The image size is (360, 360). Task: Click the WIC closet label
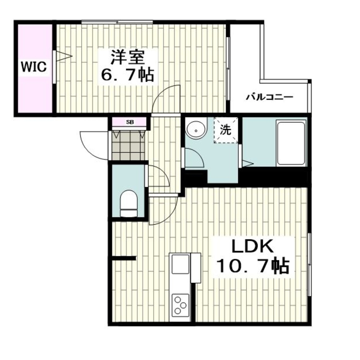[x=34, y=67]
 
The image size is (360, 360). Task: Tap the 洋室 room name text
[x=128, y=58]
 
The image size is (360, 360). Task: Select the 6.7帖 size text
[x=128, y=75]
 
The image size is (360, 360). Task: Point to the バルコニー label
[x=269, y=97]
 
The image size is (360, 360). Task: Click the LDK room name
[x=252, y=247]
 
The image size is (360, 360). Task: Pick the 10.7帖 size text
[x=252, y=266]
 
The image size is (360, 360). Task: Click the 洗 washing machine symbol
[x=226, y=130]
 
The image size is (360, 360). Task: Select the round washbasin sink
[x=196, y=130]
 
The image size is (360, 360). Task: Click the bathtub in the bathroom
[x=291, y=143]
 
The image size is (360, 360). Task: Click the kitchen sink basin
[x=181, y=264]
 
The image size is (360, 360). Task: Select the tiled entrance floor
[x=129, y=145]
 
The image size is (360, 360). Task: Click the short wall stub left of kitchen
[x=124, y=258]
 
